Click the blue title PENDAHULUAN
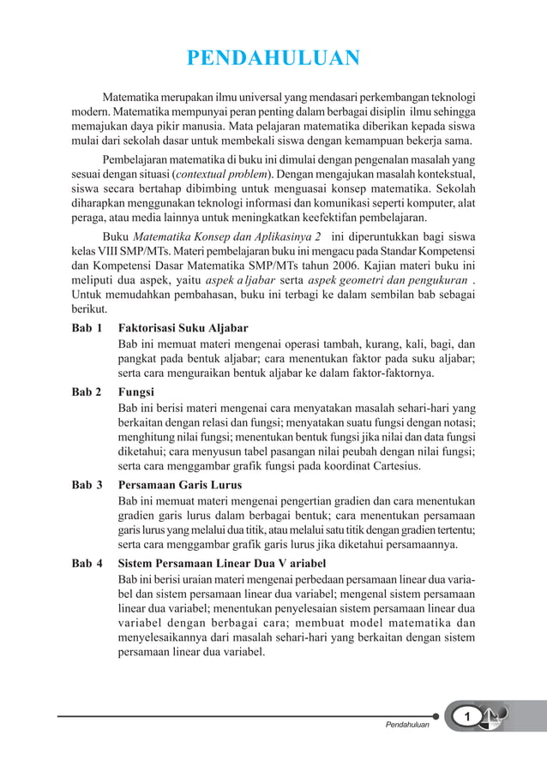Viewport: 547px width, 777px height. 273,59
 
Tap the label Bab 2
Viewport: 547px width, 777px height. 87,391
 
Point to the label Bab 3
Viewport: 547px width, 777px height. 87,484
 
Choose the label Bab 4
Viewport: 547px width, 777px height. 87,563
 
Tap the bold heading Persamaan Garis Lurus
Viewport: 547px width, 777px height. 179,484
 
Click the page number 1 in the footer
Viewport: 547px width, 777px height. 468,715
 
